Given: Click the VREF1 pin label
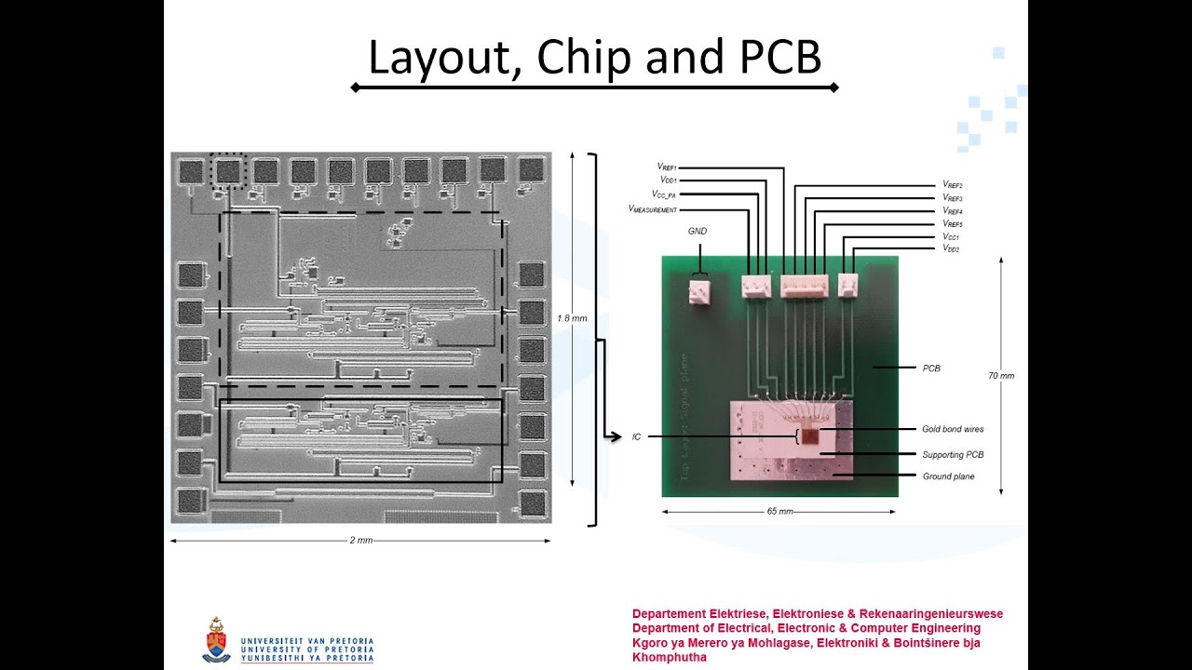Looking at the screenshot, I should [x=671, y=167].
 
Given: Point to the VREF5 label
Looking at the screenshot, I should [x=952, y=224].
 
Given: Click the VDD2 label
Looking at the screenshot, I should [x=951, y=249].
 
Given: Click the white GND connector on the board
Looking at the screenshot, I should [x=699, y=293].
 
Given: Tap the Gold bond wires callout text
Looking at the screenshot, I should [x=953, y=429].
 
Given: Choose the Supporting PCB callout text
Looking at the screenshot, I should [x=953, y=454].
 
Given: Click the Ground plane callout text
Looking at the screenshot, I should [x=948, y=476].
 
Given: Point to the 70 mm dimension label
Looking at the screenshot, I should [x=1001, y=376].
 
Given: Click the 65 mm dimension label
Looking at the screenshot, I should [x=779, y=512].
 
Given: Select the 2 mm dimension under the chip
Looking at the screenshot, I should [x=360, y=541].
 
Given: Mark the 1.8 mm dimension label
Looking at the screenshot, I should [x=572, y=318].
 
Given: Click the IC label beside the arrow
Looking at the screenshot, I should [x=636, y=436].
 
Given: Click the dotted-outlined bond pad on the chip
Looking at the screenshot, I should [x=228, y=170].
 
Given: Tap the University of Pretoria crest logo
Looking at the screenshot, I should [x=216, y=640].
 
